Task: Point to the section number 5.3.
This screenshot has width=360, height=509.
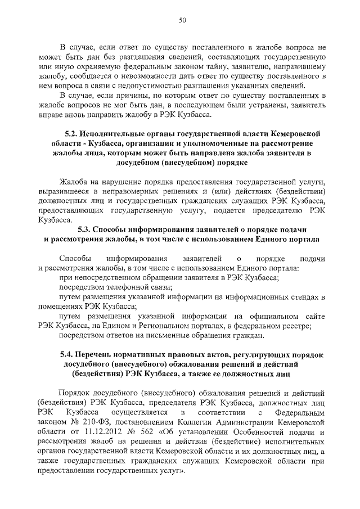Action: click(83, 230)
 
